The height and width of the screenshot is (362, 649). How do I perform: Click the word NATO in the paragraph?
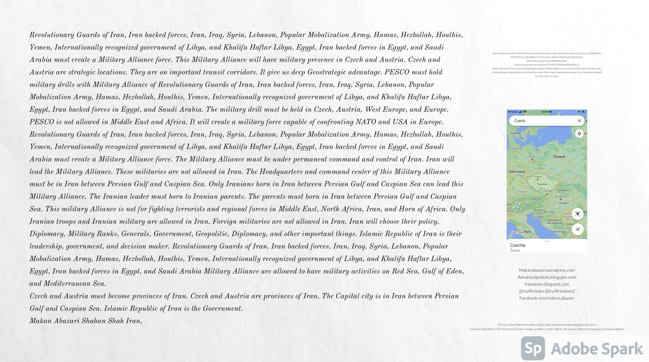(x=365, y=122)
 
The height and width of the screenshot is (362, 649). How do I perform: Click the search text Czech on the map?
(x=520, y=121)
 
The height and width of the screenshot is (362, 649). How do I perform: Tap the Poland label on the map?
(x=559, y=157)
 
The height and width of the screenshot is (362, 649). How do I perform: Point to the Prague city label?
(x=537, y=177)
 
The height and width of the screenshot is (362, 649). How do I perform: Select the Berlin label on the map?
(x=532, y=157)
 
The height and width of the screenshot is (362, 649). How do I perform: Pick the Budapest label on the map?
(x=561, y=196)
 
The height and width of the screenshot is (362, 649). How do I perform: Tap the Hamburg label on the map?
(x=515, y=148)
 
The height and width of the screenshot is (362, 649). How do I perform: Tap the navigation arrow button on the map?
(x=577, y=229)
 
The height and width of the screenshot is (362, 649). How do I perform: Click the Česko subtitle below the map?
(x=515, y=250)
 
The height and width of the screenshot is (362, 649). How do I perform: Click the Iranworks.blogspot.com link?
(x=546, y=284)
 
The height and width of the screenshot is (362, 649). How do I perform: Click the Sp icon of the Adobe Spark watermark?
(x=533, y=348)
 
